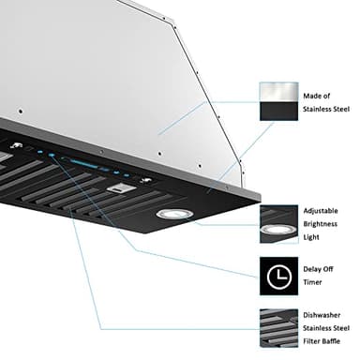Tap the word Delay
pos(312,267)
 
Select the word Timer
pos(313,282)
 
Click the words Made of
pos(316,95)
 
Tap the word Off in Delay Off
pos(332,267)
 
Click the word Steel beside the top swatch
pos(340,110)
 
